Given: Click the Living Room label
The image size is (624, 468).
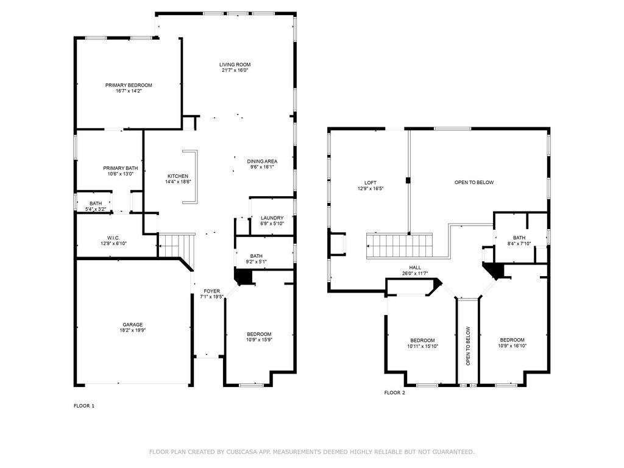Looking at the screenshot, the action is [235, 65].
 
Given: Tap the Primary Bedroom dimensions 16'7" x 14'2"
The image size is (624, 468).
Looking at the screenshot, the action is [129, 91].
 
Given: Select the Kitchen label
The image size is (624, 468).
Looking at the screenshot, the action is [178, 176].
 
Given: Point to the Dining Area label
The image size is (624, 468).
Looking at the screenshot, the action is [262, 161].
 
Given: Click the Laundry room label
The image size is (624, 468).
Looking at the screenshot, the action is [272, 218].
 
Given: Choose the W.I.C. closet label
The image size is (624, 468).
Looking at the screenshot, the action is [113, 238].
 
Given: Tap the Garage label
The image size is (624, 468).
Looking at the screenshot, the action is [132, 324].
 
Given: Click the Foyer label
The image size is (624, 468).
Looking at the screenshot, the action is [211, 291].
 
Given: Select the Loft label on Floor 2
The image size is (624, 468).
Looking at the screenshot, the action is [370, 183].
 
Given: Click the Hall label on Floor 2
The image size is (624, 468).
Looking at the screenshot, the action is [414, 268].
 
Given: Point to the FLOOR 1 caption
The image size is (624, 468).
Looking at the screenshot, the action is [84, 406].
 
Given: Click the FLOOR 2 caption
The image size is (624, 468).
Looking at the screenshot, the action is [394, 393].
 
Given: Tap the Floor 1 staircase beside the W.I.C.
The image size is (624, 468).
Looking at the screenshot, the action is [177, 245].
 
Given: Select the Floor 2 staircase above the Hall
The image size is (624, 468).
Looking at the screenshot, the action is [399, 246].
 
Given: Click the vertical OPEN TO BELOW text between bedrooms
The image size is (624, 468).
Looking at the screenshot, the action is [468, 346].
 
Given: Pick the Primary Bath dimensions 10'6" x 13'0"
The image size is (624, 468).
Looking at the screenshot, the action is [121, 174].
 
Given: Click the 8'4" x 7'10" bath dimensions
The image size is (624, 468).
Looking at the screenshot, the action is [519, 244].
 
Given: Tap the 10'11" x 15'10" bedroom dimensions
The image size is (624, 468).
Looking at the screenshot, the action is [422, 346].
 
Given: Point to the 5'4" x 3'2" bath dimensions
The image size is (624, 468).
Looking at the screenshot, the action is [96, 209].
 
